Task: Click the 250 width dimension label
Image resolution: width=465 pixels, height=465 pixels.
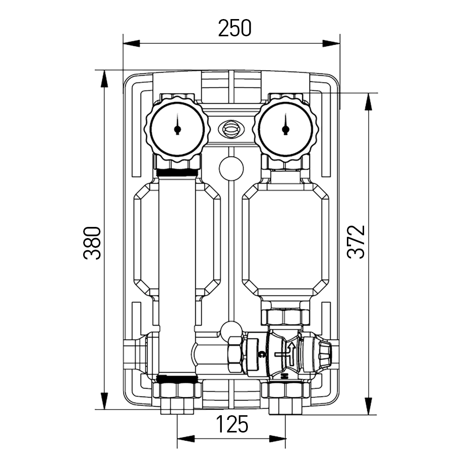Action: tap(235, 29)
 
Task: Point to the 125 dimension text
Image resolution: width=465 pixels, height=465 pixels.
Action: tap(232, 424)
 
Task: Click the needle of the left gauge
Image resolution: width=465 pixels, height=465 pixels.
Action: tap(177, 128)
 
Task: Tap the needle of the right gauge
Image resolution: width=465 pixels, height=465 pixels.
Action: tap(285, 128)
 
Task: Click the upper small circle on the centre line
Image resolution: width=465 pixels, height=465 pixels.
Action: tap(231, 168)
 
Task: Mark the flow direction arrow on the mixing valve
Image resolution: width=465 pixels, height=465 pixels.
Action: tap(291, 352)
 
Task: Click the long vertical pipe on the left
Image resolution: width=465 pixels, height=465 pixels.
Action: tap(177, 274)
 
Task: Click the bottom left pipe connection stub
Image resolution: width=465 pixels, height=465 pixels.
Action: tap(177, 405)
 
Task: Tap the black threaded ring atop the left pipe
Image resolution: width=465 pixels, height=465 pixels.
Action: tap(177, 173)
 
